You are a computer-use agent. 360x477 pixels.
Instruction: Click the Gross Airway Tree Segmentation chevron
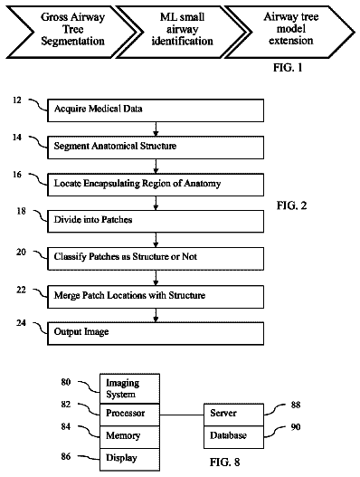pos(73,32)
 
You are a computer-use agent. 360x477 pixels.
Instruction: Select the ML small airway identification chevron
pos(183,32)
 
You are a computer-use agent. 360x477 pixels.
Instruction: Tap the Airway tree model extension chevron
pos(290,32)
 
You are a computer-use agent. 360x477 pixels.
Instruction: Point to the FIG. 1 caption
pos(288,67)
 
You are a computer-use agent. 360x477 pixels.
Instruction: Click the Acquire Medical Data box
pos(156,110)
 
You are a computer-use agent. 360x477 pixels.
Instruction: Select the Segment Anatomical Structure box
pos(156,148)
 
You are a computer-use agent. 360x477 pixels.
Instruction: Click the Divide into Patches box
pos(156,222)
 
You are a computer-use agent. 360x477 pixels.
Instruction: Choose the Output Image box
pos(156,333)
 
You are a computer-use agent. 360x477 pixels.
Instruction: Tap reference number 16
pos(17,175)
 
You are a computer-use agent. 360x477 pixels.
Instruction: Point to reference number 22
pos(22,290)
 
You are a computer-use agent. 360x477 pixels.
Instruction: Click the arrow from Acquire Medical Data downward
pos(156,129)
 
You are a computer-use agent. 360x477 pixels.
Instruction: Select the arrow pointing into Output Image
pos(156,315)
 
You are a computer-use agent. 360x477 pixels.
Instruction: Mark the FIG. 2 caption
pos(291,205)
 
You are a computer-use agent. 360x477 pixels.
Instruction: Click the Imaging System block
pos(130,389)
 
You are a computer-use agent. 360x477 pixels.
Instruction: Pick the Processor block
pos(130,415)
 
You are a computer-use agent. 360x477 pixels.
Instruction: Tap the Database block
pos(233,437)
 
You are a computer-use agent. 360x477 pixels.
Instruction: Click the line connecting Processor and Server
pos(182,415)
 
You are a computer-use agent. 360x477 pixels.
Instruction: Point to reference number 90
pos(296,427)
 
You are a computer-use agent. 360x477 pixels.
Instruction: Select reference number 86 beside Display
pos(66,456)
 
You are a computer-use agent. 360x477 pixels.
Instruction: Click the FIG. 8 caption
pos(224,463)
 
